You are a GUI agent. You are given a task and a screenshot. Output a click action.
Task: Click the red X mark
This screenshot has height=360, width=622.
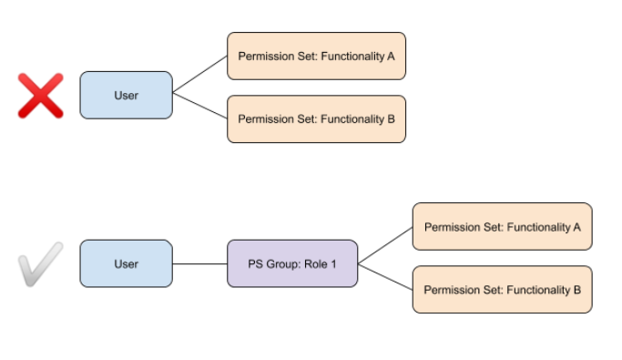pos(41,96)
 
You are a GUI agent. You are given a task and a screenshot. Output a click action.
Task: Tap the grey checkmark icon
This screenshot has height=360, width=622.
pos(41,264)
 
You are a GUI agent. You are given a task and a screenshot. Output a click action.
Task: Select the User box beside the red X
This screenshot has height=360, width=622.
pos(126,95)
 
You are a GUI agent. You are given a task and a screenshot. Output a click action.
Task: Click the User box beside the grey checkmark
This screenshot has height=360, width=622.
pos(126,263)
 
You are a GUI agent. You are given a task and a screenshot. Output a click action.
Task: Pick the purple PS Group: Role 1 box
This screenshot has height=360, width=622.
pos(292,263)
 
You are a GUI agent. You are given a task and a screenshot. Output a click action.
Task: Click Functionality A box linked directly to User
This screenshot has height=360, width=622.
pos(316,56)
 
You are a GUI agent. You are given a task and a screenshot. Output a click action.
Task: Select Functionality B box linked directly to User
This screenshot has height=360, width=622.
pos(316,118)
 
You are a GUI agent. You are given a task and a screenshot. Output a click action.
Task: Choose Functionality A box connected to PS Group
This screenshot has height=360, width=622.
pos(502,226)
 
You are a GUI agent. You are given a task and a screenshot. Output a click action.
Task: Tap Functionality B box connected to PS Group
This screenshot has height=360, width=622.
pos(502,289)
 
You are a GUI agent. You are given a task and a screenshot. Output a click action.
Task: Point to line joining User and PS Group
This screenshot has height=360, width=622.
pos(199,263)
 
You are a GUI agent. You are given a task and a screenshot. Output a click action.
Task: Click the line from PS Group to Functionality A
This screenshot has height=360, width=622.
pos(385,246)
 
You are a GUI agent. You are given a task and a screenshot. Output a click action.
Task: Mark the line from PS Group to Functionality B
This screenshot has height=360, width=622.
pos(385,277)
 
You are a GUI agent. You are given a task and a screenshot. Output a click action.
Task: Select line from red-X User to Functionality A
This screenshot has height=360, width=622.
pos(199,76)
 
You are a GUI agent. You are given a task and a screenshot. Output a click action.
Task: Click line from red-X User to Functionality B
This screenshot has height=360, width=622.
pos(199,107)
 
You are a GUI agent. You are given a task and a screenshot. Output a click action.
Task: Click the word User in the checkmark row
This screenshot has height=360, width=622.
pos(126,263)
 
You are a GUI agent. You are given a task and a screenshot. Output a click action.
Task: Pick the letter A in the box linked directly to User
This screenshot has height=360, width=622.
pos(391,56)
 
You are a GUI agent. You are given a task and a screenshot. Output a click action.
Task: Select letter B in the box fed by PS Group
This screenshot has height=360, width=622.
pos(576,290)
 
